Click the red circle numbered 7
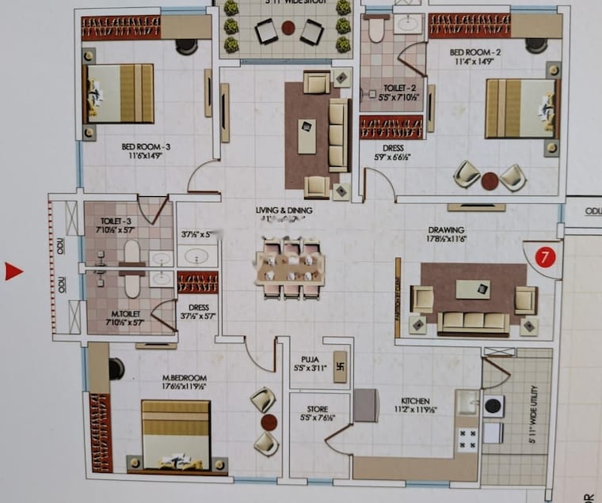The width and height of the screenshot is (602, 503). tap(543, 257)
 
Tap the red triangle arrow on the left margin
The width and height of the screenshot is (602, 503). tap(13, 272)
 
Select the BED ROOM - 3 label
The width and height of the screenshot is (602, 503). tap(146, 147)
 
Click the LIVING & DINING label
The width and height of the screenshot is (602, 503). tap(284, 210)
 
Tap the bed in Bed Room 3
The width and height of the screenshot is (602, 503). tap(119, 93)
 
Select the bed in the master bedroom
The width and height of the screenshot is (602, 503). tap(176, 435)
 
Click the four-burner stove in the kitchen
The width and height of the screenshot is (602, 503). tap(467, 437)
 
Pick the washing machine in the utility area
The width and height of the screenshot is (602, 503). tap(493, 406)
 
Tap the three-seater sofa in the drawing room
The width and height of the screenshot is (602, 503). tap(474, 321)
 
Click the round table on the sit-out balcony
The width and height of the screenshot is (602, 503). tap(288, 28)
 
